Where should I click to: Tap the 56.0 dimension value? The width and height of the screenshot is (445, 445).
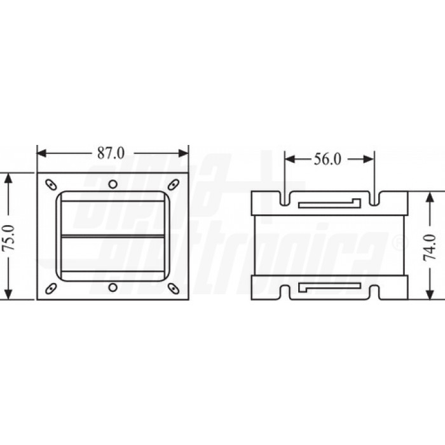[328, 160]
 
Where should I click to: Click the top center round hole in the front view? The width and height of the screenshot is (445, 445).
[113, 185]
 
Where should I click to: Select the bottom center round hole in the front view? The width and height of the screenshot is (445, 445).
[113, 288]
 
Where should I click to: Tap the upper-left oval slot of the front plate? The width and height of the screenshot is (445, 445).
[49, 185]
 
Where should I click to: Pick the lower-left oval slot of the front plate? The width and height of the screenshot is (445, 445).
[49, 288]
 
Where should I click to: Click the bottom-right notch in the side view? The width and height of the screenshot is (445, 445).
[376, 291]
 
